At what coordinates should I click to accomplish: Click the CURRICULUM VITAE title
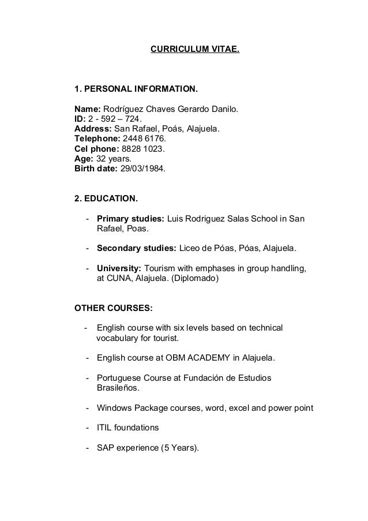(x=194, y=50)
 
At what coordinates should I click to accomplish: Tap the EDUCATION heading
(x=107, y=199)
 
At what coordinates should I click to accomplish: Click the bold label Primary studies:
(x=130, y=219)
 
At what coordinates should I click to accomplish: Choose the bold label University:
(x=119, y=269)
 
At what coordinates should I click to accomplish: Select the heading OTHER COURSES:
(x=110, y=308)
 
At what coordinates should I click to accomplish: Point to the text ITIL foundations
(x=127, y=428)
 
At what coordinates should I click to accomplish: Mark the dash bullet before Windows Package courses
(x=87, y=408)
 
